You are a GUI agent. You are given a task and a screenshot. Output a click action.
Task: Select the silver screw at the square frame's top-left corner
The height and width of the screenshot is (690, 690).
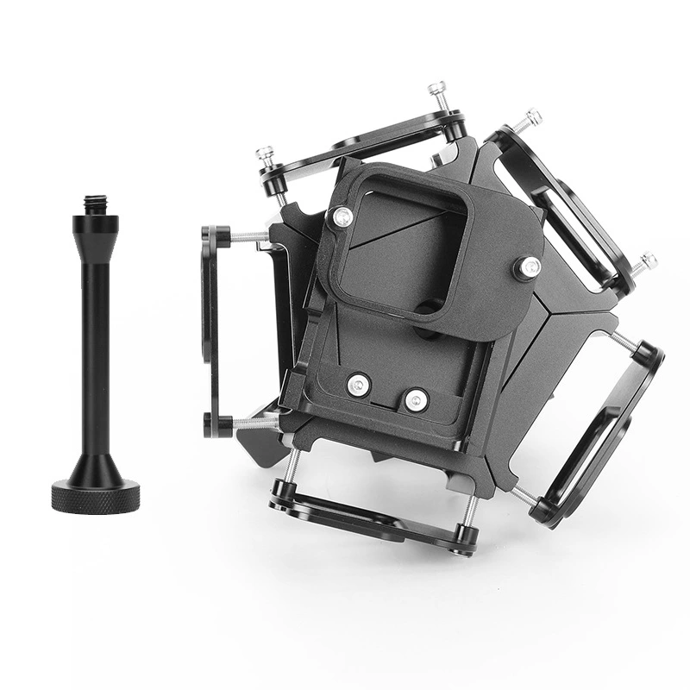(x=342, y=217)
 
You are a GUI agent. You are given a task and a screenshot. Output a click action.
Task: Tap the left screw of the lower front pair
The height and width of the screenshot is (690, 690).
(x=359, y=386)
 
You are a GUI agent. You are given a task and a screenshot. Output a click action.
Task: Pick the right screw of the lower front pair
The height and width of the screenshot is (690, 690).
(x=417, y=399)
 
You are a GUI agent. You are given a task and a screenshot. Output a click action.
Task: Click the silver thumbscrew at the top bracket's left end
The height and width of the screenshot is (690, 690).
(x=265, y=156)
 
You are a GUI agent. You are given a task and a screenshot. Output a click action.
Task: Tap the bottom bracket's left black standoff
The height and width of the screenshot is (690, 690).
(x=280, y=493)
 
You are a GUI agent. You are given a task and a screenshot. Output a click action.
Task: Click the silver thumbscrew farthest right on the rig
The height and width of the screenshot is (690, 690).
(x=645, y=261)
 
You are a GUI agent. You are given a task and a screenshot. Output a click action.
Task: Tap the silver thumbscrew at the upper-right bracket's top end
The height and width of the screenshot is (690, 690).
(x=530, y=118)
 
